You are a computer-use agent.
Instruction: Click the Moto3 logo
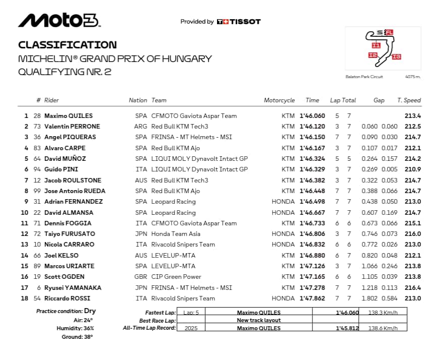(60, 20)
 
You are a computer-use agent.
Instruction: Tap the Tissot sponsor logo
(239, 22)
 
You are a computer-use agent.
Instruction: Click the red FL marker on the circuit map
(390, 33)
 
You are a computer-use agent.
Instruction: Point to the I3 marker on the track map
(396, 56)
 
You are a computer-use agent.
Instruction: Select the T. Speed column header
(409, 100)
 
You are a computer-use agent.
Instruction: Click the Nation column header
(138, 100)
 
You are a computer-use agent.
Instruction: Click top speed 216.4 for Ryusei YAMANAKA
(412, 287)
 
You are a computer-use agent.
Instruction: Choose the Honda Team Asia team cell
(176, 234)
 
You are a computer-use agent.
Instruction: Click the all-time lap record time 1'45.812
(347, 328)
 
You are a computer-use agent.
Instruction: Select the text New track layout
(258, 320)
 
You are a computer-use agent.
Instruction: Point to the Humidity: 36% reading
(75, 328)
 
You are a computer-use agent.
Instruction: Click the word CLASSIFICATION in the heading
(67, 45)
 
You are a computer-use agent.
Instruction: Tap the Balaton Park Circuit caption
(364, 77)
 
